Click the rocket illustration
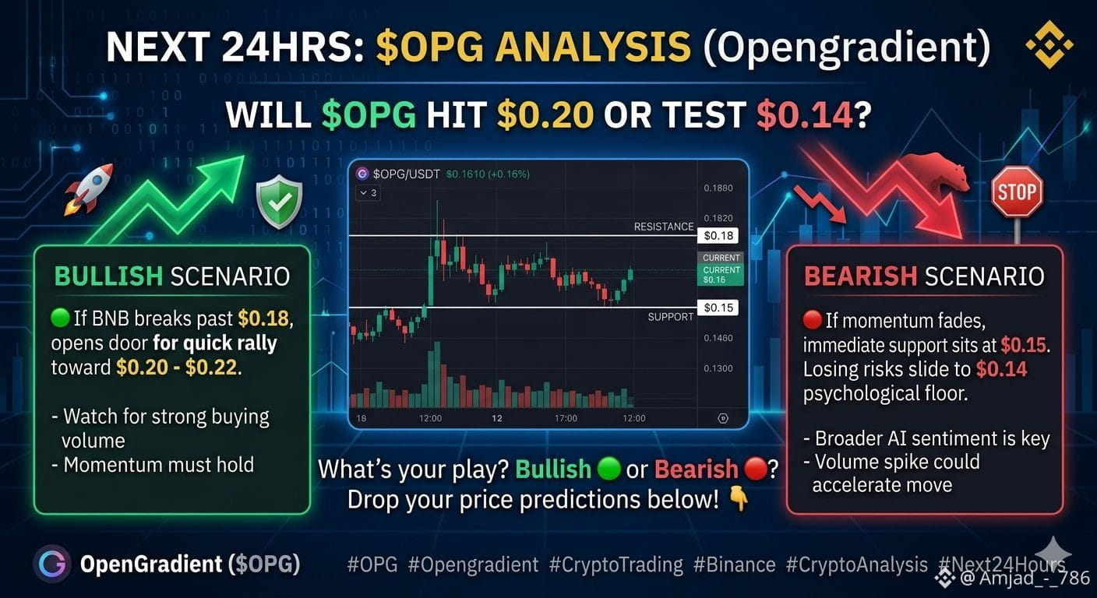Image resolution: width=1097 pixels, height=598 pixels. (x=88, y=189)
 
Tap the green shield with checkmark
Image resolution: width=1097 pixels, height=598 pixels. (x=279, y=201)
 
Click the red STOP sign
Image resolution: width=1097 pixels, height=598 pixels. (x=1018, y=192)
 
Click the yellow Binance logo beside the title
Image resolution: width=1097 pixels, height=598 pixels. (x=1049, y=45)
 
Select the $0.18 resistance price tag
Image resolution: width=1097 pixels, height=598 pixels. (x=718, y=236)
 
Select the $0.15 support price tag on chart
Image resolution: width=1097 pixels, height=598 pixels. (x=718, y=308)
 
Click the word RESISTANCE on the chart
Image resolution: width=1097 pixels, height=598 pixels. (x=664, y=227)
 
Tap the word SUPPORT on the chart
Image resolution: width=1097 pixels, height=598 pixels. (x=671, y=317)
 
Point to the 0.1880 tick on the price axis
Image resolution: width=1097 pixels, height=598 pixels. (x=718, y=188)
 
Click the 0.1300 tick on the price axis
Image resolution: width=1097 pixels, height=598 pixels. (x=718, y=368)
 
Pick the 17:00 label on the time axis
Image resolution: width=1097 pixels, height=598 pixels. (x=566, y=418)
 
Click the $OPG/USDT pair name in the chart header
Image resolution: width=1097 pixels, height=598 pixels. (x=406, y=174)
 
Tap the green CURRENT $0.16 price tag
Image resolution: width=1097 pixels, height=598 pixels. (x=721, y=275)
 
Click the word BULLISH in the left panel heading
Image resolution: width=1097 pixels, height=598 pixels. (x=108, y=276)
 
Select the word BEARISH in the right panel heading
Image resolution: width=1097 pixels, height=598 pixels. (x=860, y=276)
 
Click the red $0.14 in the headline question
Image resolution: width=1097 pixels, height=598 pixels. (x=805, y=115)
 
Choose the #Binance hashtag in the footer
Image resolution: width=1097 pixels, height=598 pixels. (x=735, y=565)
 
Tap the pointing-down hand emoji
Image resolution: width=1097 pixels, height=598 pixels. (x=739, y=499)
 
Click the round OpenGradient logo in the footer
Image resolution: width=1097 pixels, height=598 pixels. (x=52, y=565)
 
